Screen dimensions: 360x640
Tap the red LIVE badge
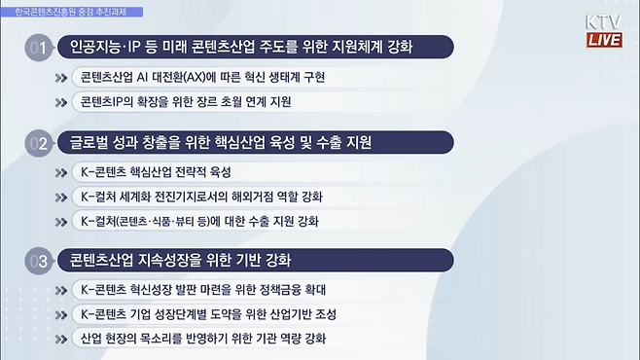[604, 40]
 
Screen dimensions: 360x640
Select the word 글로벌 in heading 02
[85, 143]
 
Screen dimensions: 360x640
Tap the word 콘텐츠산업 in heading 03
[101, 262]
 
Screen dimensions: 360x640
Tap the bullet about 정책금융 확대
[203, 290]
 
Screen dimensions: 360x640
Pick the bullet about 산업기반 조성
[210, 314]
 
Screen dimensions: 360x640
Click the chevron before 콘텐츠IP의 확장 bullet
[64, 101]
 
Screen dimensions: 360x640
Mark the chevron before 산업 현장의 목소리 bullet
[64, 339]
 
